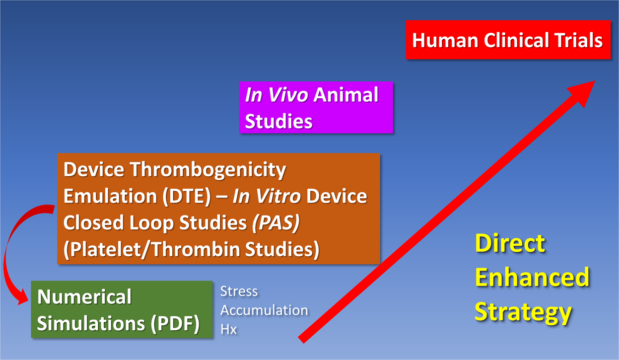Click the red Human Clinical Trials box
[x=508, y=40]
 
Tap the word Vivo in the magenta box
[x=288, y=95]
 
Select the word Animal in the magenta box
[x=346, y=95]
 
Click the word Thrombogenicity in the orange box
[x=208, y=170]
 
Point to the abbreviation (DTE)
[x=187, y=196]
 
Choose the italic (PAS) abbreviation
[x=276, y=223]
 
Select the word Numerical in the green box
[x=84, y=296]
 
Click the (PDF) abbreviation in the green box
[x=175, y=323]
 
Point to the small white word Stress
[x=239, y=291]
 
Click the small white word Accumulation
[x=264, y=310]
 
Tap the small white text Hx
[x=228, y=329]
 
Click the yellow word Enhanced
[x=532, y=277]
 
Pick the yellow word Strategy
[x=523, y=312]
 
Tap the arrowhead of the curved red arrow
[x=23, y=297]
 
